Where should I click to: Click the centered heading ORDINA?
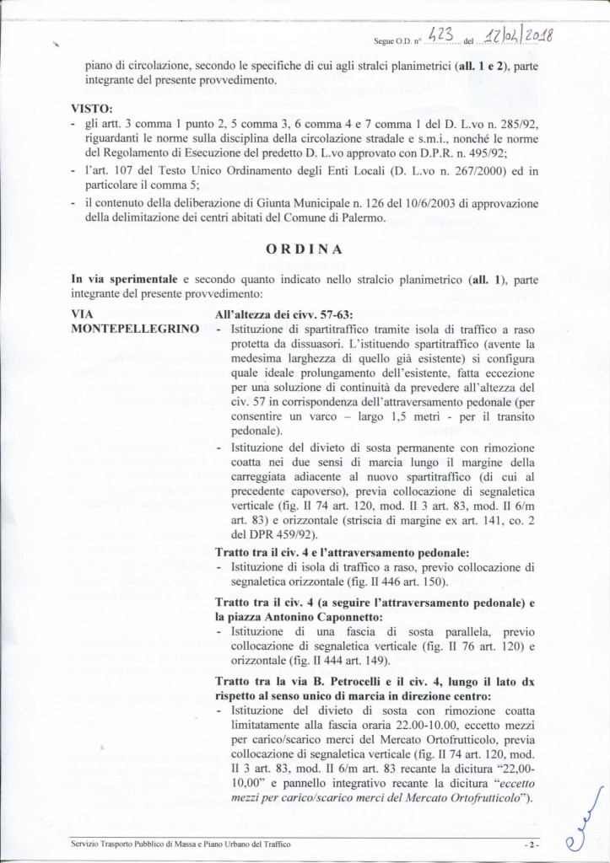[x=305, y=250]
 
